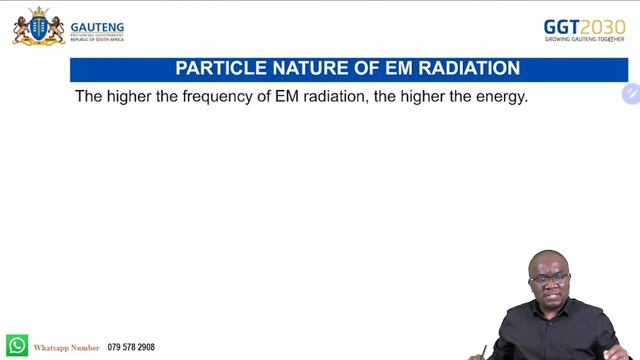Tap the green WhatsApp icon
(x=17, y=346)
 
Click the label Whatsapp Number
(x=67, y=348)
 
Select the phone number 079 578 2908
(x=131, y=348)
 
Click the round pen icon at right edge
(x=630, y=94)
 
